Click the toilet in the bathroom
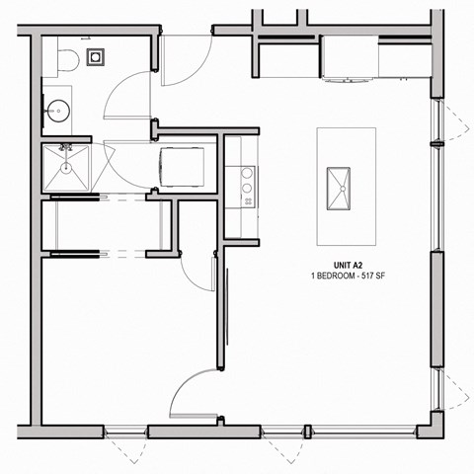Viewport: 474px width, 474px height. click(64, 59)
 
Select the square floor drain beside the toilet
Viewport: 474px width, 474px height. click(96, 56)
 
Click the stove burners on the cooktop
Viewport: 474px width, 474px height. click(247, 185)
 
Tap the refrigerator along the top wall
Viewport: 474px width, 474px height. click(351, 59)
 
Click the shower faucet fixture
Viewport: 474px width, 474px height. click(67, 148)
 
